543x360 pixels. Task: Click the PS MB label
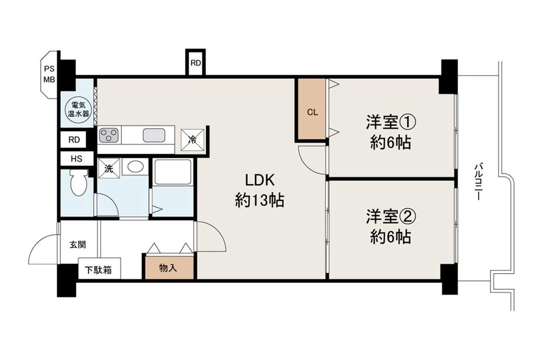[x=49, y=74]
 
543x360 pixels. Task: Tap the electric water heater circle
[x=78, y=109]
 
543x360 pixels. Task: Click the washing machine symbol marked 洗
[x=109, y=169]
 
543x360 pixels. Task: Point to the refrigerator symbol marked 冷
[x=191, y=139]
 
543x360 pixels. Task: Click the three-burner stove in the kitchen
[x=109, y=135]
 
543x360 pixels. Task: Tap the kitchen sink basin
[x=154, y=135]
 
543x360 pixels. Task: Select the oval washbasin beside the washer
[x=135, y=166]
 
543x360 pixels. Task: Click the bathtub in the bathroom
[x=173, y=172]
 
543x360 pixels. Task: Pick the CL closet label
[x=312, y=113]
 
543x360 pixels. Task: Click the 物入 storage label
[x=168, y=267]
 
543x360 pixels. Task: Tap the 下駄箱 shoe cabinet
[x=99, y=269]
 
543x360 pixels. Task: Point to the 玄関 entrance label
[x=78, y=245]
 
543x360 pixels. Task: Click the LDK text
[x=260, y=180]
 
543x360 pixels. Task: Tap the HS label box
[x=77, y=159]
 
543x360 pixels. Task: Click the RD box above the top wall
[x=196, y=63]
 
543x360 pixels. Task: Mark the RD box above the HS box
[x=74, y=140]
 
